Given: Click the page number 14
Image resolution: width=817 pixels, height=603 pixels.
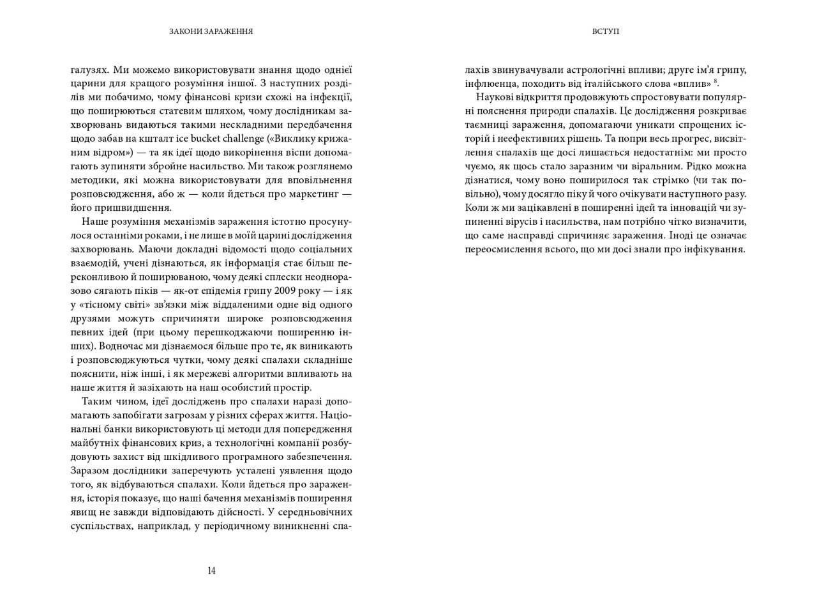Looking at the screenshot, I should click(211, 571).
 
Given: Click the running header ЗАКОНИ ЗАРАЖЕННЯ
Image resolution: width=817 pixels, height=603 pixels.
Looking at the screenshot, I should click(211, 31).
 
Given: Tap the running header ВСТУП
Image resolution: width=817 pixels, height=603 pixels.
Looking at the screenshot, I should click(606, 31).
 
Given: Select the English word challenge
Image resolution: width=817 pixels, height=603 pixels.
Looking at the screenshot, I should click(209, 139).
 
